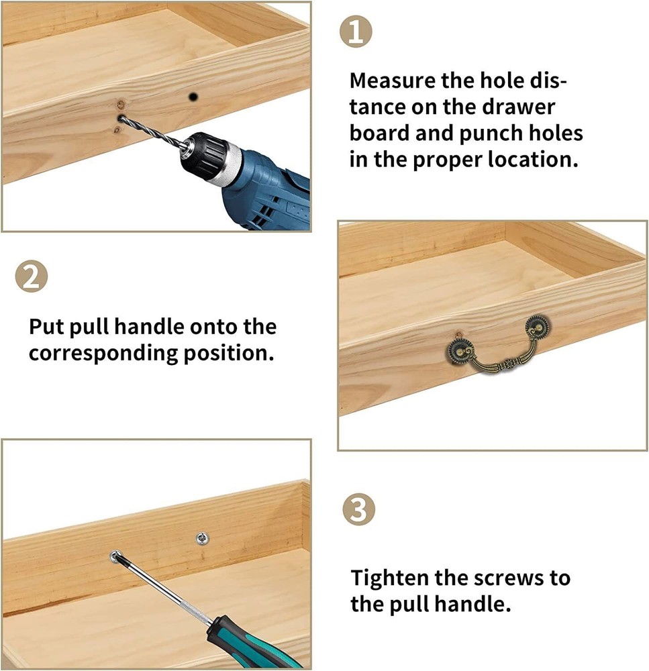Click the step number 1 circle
tap(356, 32)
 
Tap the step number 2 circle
tap(32, 276)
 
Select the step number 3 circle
tap(359, 510)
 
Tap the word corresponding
tap(103, 354)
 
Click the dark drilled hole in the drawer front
tap(193, 97)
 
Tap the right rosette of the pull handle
tap(537, 327)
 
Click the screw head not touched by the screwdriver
tap(202, 539)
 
